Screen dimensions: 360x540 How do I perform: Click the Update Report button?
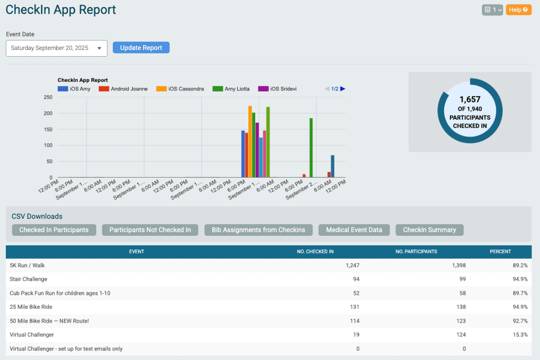click(141, 48)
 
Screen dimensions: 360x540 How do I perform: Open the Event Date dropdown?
click(56, 48)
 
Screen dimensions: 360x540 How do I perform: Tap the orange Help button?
click(518, 10)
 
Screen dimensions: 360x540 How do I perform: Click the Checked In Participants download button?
click(54, 230)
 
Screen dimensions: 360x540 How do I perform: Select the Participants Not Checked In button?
click(150, 230)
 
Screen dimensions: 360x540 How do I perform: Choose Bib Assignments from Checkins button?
click(258, 230)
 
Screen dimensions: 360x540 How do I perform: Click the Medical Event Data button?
click(354, 230)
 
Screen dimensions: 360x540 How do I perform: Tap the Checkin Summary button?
click(429, 230)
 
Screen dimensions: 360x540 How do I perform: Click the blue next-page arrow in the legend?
click(343, 89)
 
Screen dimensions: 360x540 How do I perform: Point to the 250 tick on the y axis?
click(48, 97)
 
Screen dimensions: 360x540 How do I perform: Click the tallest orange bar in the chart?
click(250, 141)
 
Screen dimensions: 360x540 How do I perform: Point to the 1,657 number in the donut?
click(470, 99)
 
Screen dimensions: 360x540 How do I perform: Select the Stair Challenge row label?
click(28, 279)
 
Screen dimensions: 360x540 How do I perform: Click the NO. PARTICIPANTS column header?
click(416, 252)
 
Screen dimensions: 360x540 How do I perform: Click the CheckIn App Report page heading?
click(61, 10)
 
